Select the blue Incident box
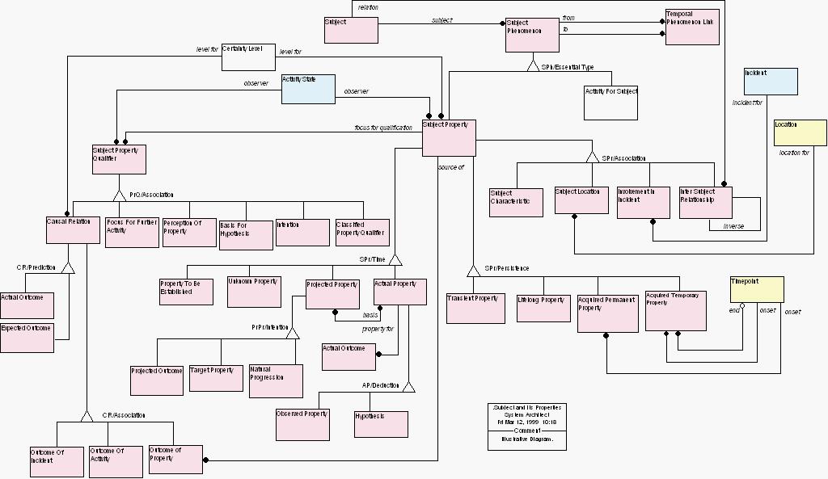tap(771, 82)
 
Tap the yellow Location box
tap(800, 132)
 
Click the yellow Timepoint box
tap(756, 289)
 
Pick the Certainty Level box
tap(248, 57)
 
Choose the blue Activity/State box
tap(308, 89)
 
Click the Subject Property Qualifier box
tap(119, 159)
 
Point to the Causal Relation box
tap(72, 229)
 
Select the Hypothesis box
tap(380, 424)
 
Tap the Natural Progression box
tap(276, 380)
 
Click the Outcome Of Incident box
tap(57, 461)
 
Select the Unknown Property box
tap(254, 292)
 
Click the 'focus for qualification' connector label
tap(383, 128)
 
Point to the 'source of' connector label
tap(450, 167)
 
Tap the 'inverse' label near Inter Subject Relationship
tap(733, 226)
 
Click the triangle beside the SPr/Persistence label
tap(474, 270)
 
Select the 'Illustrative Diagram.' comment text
tap(527, 439)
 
